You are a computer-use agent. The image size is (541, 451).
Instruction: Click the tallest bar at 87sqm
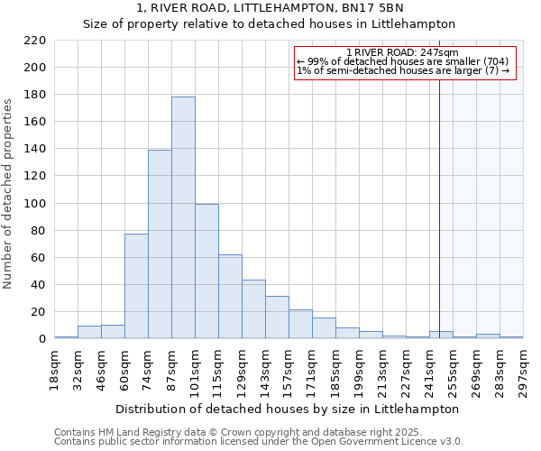point(183,217)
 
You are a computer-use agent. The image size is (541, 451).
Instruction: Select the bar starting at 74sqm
point(160,244)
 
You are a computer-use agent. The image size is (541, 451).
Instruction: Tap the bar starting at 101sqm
point(206,271)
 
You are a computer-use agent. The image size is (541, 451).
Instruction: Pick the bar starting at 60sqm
point(136,286)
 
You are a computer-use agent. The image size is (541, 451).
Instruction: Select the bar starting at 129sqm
point(253,309)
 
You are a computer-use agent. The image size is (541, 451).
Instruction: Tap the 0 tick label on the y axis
point(41,339)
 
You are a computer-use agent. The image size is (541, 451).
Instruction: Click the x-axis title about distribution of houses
point(289,409)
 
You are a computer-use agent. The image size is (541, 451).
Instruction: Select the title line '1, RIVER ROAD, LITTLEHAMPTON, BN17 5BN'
point(270,8)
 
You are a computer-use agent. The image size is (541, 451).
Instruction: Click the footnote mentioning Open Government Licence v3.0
point(258,441)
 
